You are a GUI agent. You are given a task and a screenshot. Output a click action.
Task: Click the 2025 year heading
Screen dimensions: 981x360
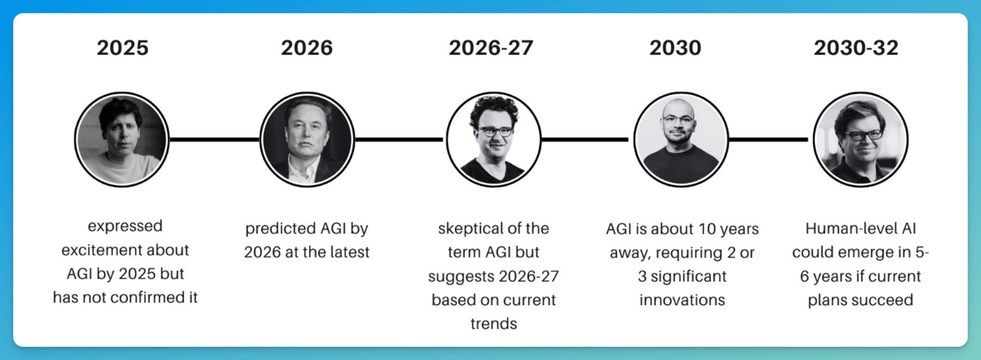123,48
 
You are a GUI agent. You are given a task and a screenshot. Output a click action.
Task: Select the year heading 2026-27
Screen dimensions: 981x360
491,48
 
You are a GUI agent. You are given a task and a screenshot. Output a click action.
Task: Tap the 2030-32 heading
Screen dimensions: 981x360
856,48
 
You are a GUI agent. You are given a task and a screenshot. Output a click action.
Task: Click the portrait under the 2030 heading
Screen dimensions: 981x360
681,139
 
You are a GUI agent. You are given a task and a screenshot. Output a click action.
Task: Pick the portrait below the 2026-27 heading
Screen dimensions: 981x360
494,139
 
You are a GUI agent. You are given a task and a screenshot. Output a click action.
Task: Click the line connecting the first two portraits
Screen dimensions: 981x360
215,139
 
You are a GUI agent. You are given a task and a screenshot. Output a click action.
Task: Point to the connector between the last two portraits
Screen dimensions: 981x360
768,139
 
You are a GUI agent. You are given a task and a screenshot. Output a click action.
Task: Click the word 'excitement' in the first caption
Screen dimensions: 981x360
125,250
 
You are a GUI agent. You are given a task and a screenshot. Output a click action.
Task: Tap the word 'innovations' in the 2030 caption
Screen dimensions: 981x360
682,300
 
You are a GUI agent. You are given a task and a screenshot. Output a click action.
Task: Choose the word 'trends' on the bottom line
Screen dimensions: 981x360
494,324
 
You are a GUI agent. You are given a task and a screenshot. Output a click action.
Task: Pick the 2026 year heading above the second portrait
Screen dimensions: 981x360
307,48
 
